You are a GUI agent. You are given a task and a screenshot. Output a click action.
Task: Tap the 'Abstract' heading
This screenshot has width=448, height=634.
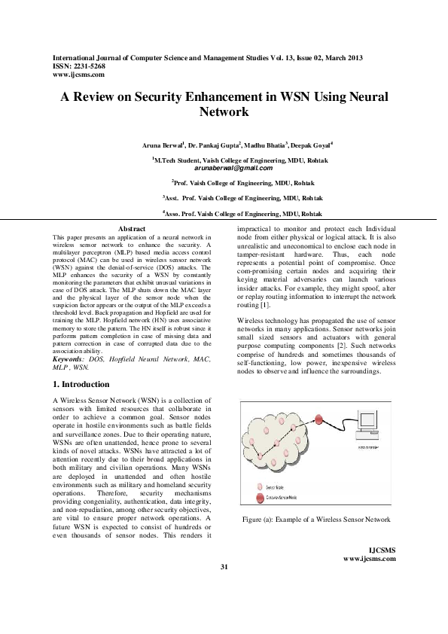132,228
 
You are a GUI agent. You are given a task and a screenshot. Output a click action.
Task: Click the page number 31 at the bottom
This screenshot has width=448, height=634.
224,587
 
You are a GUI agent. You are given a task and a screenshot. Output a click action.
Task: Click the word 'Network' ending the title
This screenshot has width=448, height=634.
224,111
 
